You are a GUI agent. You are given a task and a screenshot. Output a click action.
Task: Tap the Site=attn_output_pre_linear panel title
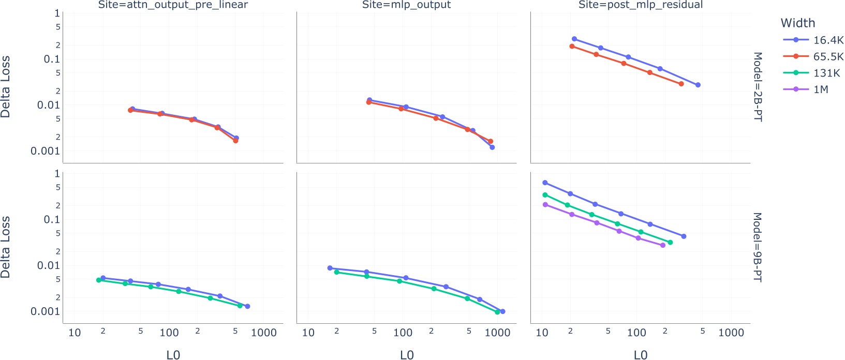pos(173,5)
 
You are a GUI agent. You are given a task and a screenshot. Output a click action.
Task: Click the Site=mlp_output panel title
pos(406,5)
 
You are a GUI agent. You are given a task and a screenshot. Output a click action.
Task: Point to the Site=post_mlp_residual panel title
pos(640,5)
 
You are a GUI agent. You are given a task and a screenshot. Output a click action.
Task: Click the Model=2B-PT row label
pos(757,87)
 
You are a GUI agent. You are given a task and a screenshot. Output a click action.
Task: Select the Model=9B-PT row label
pos(757,247)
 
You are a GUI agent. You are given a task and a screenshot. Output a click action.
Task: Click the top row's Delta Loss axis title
pos(6,87)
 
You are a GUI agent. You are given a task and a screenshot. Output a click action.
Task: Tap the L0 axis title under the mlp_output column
pos(407,355)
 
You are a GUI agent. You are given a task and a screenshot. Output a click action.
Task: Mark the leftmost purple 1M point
pos(545,205)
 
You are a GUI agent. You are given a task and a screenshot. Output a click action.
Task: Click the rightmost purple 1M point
pos(663,245)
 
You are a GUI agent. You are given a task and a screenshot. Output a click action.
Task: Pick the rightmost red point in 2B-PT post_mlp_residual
pos(681,84)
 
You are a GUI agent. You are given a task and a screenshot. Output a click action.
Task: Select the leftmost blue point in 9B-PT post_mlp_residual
pos(545,183)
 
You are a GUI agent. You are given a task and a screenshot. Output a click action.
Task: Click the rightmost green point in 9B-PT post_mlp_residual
pos(670,243)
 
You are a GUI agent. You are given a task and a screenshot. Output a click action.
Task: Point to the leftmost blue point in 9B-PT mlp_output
pos(330,268)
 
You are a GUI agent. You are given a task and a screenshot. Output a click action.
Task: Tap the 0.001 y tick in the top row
pos(46,151)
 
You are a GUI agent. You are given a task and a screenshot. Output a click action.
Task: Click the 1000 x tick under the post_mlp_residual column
pos(731,333)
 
